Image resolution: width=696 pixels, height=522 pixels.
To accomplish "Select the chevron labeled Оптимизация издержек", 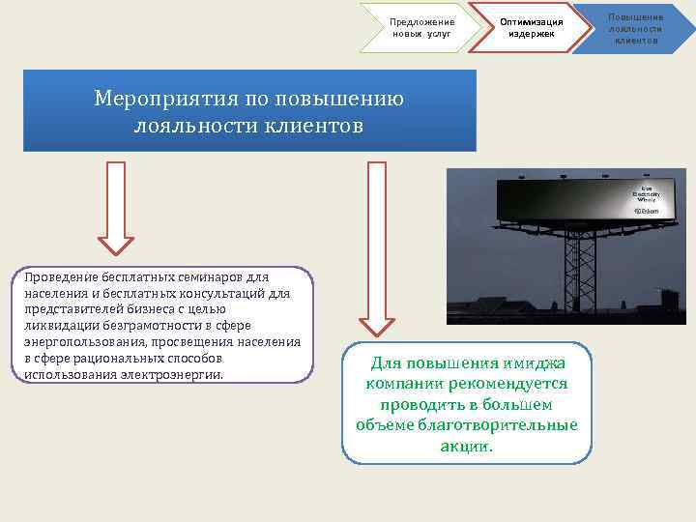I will tap(531, 28).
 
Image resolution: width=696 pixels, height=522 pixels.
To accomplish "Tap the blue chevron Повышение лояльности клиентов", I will tap(635, 28).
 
